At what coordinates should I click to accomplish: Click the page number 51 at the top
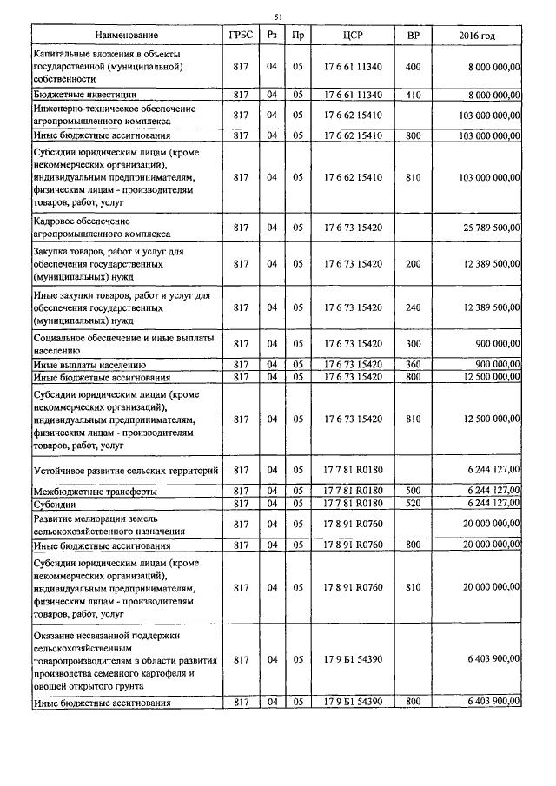click(278, 17)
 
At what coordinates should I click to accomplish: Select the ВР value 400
click(413, 67)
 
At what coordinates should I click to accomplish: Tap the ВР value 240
click(413, 307)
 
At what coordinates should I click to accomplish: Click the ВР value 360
click(413, 366)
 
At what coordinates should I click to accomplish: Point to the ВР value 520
click(413, 503)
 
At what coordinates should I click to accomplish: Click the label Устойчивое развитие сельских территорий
click(124, 470)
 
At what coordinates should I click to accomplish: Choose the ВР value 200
click(413, 263)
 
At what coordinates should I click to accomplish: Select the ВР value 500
click(413, 491)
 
